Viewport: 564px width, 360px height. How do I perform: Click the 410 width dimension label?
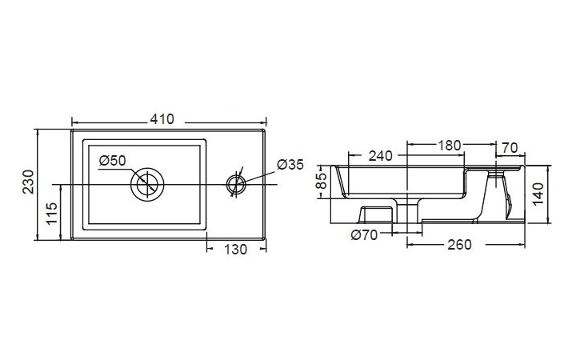162,119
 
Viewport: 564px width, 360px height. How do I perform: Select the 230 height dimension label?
29,182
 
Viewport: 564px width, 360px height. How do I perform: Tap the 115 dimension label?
52,214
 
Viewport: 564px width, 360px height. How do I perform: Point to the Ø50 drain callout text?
113,160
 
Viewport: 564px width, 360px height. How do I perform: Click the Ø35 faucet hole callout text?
290,165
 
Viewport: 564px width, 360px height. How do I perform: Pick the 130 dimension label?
235,250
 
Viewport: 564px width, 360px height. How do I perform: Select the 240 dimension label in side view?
380,156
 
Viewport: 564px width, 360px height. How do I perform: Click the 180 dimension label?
449,146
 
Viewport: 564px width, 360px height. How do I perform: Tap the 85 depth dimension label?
322,181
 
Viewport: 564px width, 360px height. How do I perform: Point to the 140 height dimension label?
538,194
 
